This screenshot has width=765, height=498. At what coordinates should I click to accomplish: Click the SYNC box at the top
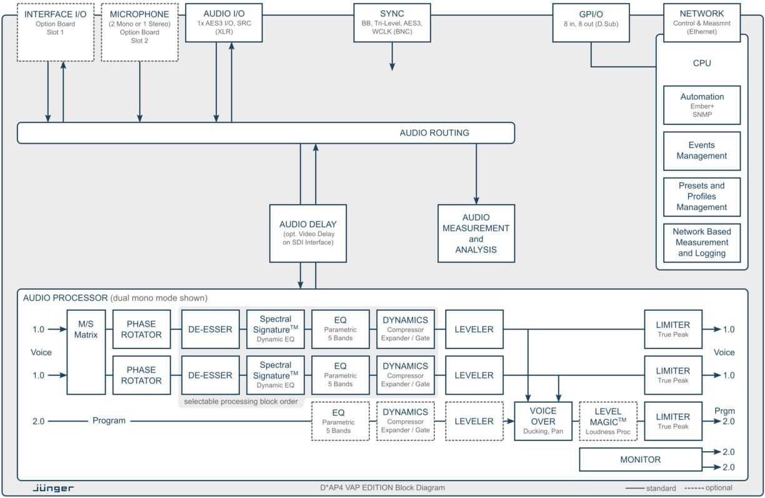(x=392, y=23)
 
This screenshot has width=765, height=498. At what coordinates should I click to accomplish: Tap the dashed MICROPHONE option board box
(x=139, y=32)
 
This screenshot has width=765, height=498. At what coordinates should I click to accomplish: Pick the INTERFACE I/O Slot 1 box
(x=56, y=32)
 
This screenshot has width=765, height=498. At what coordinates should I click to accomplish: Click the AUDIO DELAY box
(x=308, y=233)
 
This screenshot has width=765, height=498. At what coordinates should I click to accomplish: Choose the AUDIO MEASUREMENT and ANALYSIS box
(x=476, y=233)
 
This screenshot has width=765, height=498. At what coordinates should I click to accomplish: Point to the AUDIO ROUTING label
(x=434, y=133)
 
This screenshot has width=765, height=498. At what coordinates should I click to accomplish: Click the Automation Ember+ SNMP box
(x=701, y=105)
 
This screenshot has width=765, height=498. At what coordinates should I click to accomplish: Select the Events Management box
(x=701, y=151)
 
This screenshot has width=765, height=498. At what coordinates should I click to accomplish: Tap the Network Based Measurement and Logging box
(x=701, y=243)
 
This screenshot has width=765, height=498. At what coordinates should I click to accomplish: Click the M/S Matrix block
(x=86, y=352)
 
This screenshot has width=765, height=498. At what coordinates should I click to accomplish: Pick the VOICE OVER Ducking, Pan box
(x=542, y=421)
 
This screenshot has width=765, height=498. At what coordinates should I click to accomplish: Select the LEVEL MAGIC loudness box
(x=607, y=421)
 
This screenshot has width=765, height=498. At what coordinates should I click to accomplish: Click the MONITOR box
(x=640, y=460)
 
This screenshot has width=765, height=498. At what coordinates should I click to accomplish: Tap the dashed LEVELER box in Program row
(x=474, y=421)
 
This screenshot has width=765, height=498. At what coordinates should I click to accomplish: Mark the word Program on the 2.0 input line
(x=109, y=421)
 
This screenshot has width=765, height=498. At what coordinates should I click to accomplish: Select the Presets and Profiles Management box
(x=701, y=196)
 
